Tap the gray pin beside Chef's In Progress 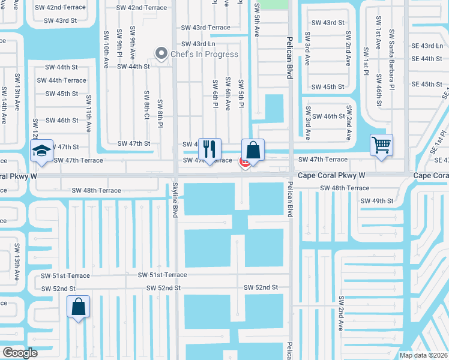tap(161, 55)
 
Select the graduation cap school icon tap(42, 150)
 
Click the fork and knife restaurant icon tap(209, 148)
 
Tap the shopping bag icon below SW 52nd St tap(79, 307)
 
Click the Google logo tap(20, 353)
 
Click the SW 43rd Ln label tap(198, 44)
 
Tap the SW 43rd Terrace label tap(206, 28)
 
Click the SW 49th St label tap(376, 200)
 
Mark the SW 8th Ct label tap(146, 105)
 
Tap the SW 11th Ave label tap(89, 113)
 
